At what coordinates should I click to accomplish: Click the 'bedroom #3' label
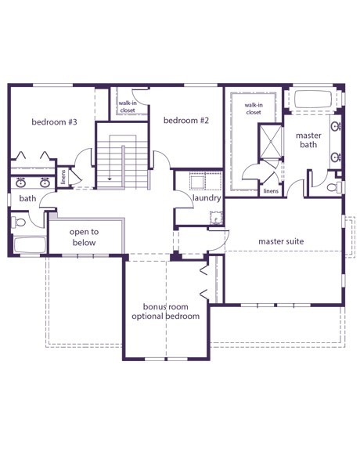pyautogui.click(x=54, y=122)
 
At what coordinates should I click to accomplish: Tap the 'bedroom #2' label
pyautogui.click(x=186, y=121)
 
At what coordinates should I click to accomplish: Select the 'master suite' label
pyautogui.click(x=281, y=241)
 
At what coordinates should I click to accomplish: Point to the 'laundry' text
pyautogui.click(x=207, y=198)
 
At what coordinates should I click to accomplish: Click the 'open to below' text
pyautogui.click(x=85, y=237)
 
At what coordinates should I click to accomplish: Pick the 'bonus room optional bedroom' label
pyautogui.click(x=166, y=312)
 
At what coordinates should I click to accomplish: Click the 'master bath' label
pyautogui.click(x=308, y=140)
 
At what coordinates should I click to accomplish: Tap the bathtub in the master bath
pyautogui.click(x=313, y=99)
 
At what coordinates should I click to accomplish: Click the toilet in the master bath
pyautogui.click(x=334, y=187)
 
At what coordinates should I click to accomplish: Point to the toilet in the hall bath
pyautogui.click(x=19, y=222)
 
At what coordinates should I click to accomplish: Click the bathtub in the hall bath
pyautogui.click(x=30, y=245)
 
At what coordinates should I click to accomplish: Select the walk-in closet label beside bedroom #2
pyautogui.click(x=128, y=107)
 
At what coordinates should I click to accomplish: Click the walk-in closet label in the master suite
pyautogui.click(x=254, y=109)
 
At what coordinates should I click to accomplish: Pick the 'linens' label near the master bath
pyautogui.click(x=271, y=191)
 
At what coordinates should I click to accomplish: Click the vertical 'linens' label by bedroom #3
pyautogui.click(x=63, y=177)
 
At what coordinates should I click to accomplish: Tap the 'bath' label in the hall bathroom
pyautogui.click(x=27, y=198)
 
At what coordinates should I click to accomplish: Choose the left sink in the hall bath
pyautogui.click(x=20, y=183)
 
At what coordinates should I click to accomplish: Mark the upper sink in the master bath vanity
pyautogui.click(x=337, y=126)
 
